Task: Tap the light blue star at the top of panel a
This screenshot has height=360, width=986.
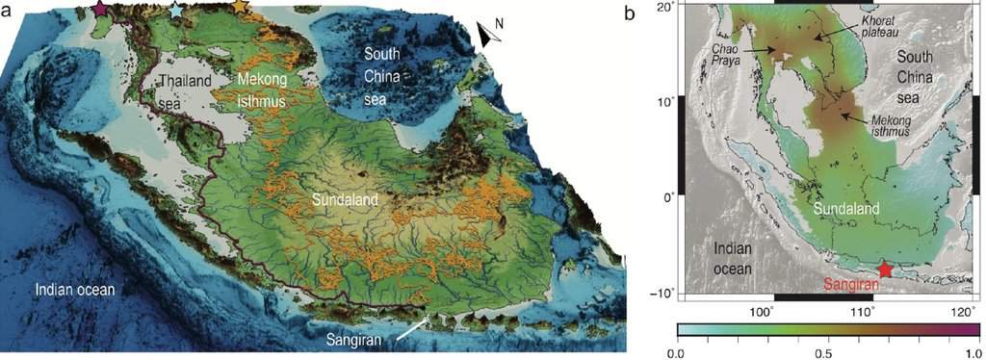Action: tap(175, 10)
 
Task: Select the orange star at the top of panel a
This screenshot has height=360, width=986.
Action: tap(240, 8)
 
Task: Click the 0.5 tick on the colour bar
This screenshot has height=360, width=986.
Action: tap(827, 352)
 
